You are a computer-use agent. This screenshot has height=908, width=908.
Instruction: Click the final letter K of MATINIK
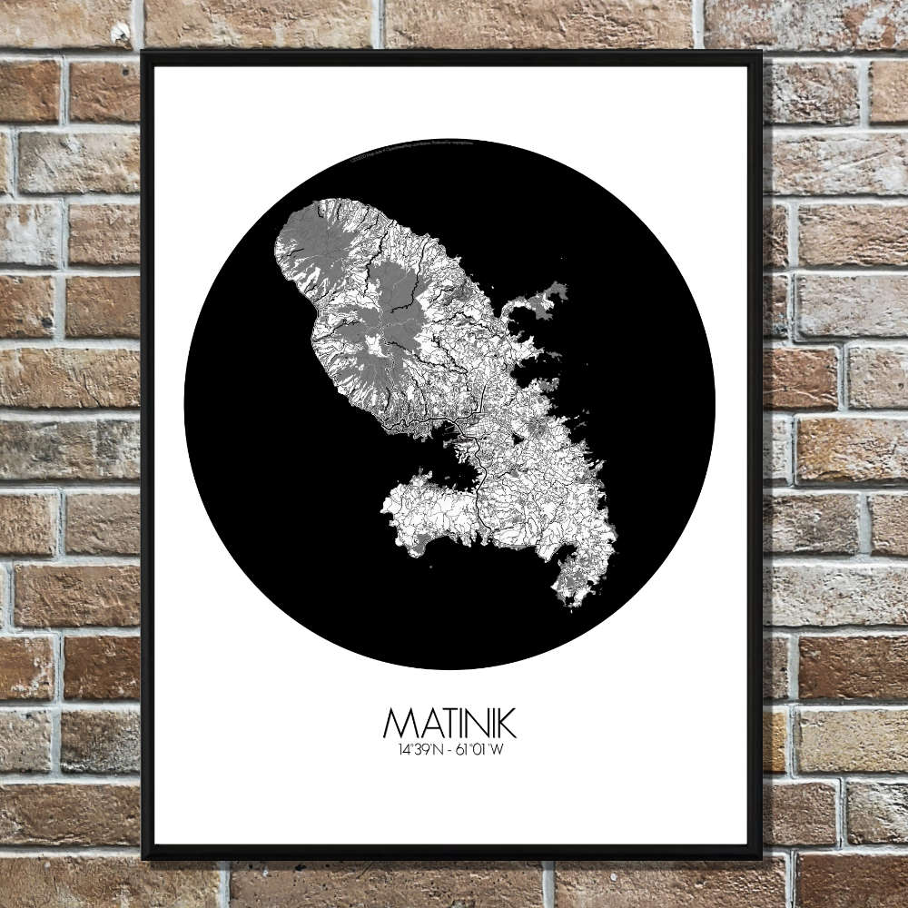[x=506, y=724]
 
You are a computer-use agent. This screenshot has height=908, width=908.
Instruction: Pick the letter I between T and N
[x=461, y=724]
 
